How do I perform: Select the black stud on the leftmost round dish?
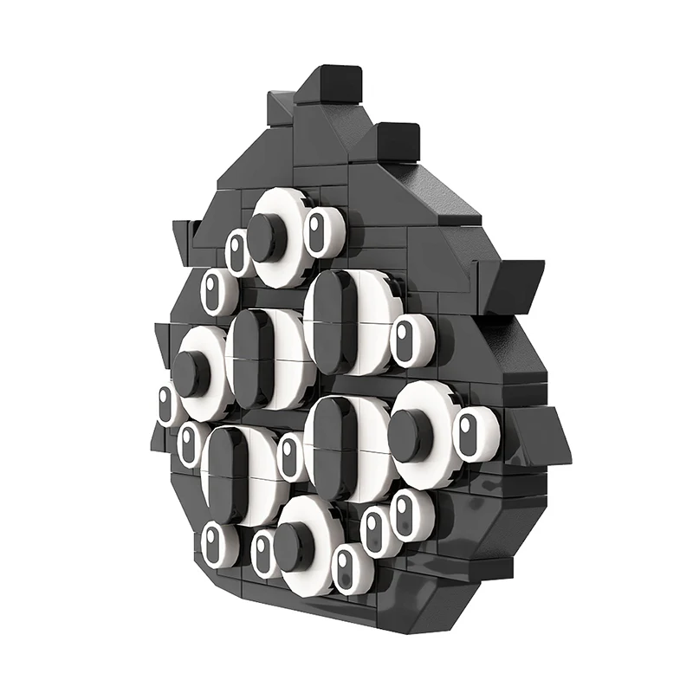(x=190, y=373)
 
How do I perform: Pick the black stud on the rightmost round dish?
(x=411, y=433)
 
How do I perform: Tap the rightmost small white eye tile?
(x=474, y=434)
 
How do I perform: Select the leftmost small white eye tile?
(x=167, y=405)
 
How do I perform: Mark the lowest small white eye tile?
(x=349, y=570)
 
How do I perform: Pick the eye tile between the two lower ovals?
(x=291, y=457)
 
